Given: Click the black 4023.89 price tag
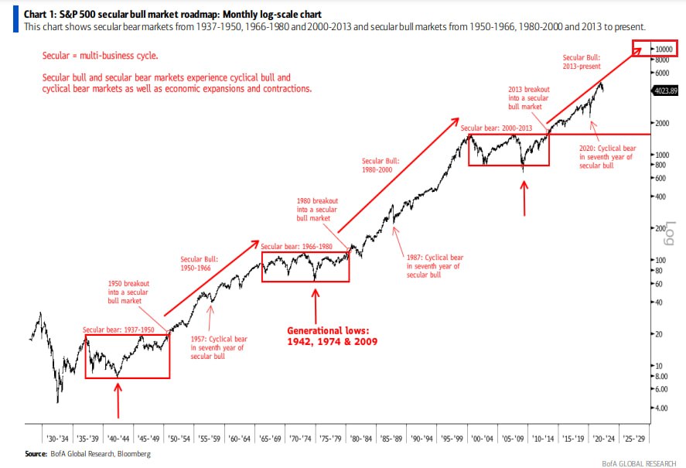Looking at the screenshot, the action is click(665, 91).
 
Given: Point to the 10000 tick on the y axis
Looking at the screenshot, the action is click(664, 49).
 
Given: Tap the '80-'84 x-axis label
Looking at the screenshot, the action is click(361, 439).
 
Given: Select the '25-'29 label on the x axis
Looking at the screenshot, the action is click(634, 439).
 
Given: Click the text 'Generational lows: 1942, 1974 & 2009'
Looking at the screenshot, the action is click(332, 336).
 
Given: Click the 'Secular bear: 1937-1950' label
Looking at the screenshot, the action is click(118, 330).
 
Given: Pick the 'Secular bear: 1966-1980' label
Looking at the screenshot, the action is click(297, 247).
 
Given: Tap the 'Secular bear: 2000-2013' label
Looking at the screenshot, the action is click(496, 128).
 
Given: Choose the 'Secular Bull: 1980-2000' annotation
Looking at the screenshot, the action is click(381, 165).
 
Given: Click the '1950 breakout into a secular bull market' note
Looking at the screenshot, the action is click(128, 292).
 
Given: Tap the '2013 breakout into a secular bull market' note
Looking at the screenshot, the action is click(529, 97).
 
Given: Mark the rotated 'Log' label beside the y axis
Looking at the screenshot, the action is click(670, 234).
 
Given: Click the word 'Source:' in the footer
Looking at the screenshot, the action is click(36, 453).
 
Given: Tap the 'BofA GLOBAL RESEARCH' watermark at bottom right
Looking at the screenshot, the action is click(639, 463).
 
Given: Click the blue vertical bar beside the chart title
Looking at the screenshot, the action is click(15, 19).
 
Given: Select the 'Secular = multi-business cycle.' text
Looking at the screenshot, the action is click(101, 56).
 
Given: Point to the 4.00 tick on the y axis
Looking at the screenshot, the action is click(661, 408).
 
